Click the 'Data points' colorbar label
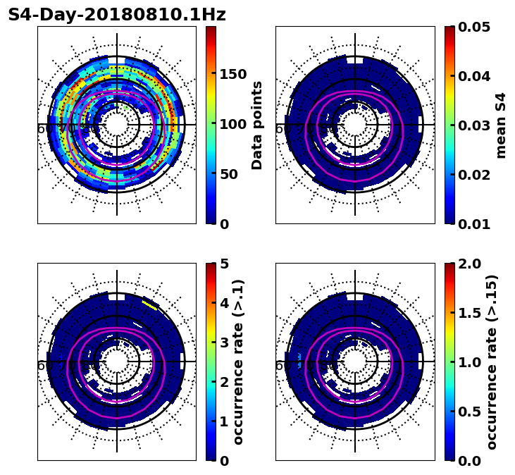[x=257, y=125]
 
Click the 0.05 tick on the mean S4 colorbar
[x=474, y=27]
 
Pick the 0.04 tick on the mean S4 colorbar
[x=474, y=76]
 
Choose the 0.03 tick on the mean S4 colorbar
[x=474, y=125]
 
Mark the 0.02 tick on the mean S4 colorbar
[x=474, y=175]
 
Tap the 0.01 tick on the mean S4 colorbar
[x=474, y=224]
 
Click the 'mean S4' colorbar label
[x=502, y=125]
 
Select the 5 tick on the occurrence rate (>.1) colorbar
[x=225, y=264]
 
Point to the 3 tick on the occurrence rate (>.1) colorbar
[x=225, y=343]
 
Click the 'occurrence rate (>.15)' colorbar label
[x=492, y=362]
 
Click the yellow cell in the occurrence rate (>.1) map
[x=149, y=304]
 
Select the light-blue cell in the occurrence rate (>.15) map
[x=300, y=361]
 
